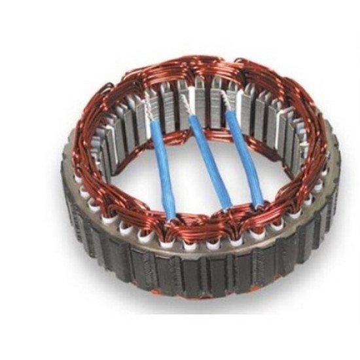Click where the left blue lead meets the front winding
coord(171,216)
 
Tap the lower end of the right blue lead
coord(259,200)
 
